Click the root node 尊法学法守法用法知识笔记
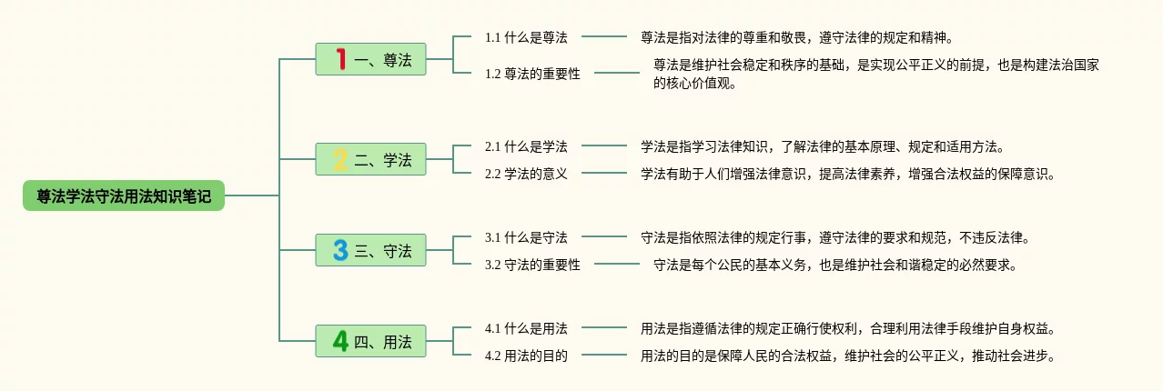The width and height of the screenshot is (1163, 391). pos(124,195)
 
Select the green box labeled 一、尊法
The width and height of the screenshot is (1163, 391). pos(370,59)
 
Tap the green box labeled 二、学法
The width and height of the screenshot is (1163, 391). pos(370,159)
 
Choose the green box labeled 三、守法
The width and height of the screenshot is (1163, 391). pos(370,250)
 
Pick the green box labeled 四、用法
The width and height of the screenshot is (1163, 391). pos(370,341)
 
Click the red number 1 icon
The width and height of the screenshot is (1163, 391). pos(340,59)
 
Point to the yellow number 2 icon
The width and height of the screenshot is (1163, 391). pos(340,159)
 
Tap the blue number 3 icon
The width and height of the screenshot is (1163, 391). pos(340,250)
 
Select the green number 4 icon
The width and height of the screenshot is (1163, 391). pos(340,341)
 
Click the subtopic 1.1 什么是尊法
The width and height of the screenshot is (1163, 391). pos(526,37)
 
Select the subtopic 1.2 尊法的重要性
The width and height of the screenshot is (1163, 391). pos(532,74)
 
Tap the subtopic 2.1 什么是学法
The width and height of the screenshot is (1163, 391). pos(526,146)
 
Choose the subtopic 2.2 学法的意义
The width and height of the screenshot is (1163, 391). pos(526,174)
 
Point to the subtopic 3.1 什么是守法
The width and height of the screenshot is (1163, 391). pos(526,237)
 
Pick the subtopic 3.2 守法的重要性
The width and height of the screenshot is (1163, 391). pos(532,265)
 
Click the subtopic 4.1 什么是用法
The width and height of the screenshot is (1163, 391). pos(526,328)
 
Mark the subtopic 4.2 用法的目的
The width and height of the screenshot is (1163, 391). pos(526,356)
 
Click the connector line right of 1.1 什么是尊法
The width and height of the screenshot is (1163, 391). pos(604,36)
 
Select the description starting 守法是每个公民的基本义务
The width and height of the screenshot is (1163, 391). pos(834,265)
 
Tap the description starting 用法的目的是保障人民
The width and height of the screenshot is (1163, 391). pos(848,356)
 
